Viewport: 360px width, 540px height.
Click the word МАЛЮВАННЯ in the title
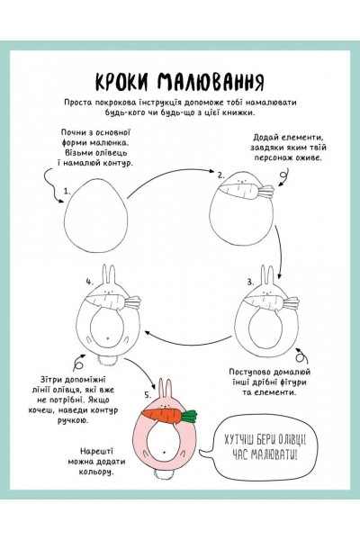click(x=211, y=82)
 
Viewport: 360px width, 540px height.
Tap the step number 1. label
click(x=67, y=191)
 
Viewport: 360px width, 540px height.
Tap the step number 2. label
click(x=221, y=175)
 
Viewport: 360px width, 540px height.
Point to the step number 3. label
click(x=250, y=283)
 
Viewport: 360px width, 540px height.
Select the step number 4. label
click(x=90, y=282)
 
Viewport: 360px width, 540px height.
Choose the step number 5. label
click(x=148, y=395)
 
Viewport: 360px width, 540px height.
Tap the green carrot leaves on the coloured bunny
click(x=189, y=416)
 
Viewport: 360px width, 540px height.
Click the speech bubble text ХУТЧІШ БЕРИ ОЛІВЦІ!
click(x=265, y=440)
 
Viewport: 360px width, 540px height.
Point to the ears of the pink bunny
click(x=165, y=389)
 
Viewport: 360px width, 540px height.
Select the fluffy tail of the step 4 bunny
click(x=108, y=361)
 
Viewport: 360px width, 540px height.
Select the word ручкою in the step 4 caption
click(x=73, y=420)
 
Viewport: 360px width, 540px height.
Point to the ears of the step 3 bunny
click(x=267, y=275)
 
